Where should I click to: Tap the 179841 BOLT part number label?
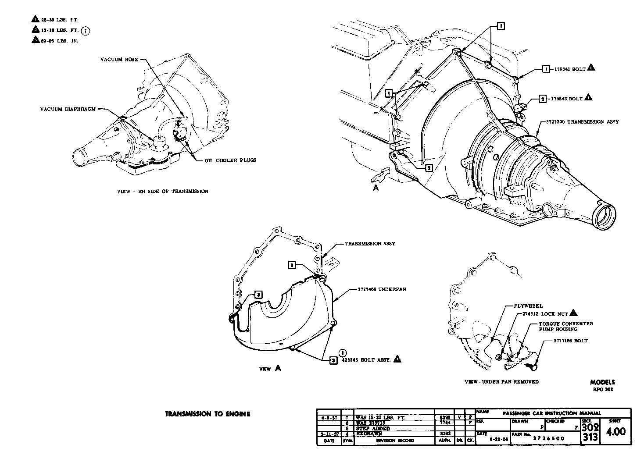click(x=569, y=69)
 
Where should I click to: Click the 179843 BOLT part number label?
click(x=567, y=99)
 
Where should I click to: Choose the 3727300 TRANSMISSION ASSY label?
click(x=582, y=122)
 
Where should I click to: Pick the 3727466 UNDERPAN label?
click(x=377, y=290)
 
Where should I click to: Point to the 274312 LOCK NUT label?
click(x=545, y=314)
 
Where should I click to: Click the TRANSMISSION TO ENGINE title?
click(x=208, y=414)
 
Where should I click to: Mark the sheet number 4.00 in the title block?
click(x=615, y=432)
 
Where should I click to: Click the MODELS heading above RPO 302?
click(x=602, y=382)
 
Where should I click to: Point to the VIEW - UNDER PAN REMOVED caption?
click(x=501, y=382)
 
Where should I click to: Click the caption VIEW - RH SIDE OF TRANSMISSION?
click(x=162, y=191)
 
